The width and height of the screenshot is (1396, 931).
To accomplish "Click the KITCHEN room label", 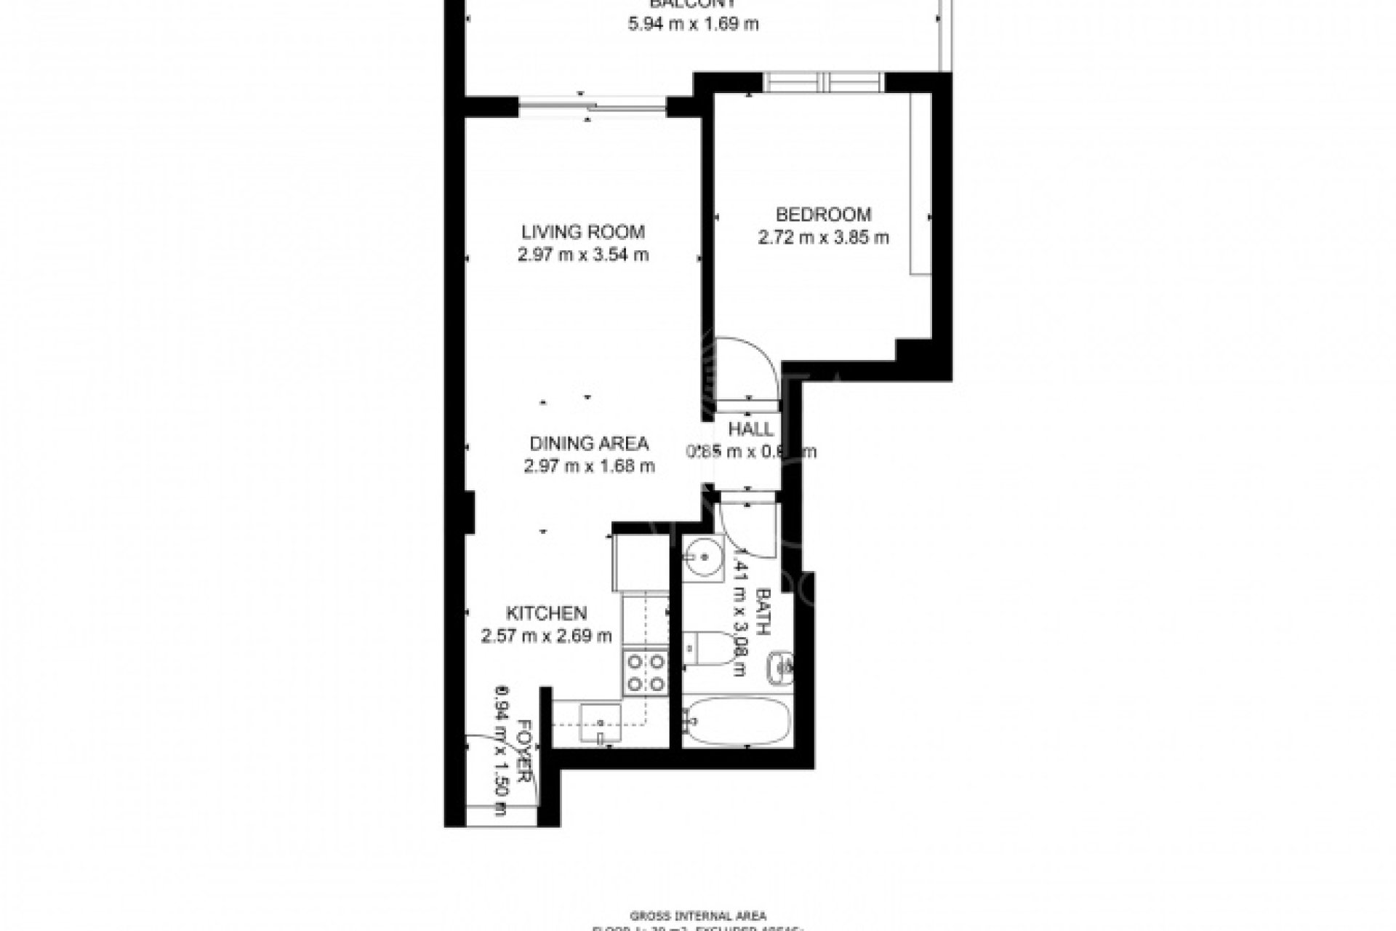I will point(546,612).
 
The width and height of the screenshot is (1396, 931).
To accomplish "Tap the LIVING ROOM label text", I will point(582,232).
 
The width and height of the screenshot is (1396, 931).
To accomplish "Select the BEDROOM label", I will point(823,215).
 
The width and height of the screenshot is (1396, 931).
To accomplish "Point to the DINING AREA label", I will point(589,443).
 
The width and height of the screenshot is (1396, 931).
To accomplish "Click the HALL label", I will point(750,429).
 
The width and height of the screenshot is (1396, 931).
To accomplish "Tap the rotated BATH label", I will point(763,612).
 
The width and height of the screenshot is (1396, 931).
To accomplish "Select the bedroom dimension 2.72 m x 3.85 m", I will point(823,238).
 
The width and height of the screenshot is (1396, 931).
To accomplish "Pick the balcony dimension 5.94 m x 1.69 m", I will point(693,24).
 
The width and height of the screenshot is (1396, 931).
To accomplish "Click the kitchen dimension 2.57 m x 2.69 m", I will point(546,636).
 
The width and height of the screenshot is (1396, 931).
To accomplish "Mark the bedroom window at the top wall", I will point(825,82).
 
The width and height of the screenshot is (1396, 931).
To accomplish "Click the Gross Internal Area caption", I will point(698,916).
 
